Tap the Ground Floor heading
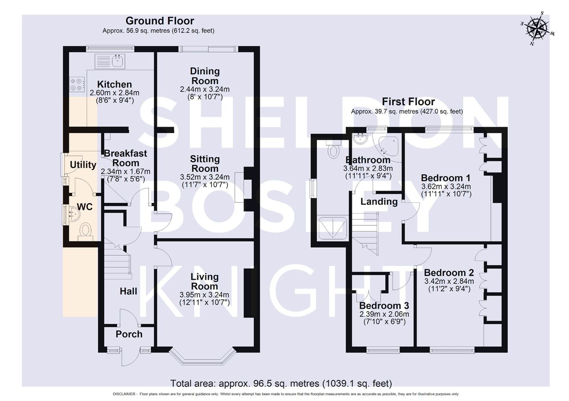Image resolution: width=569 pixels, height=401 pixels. (x=160, y=21)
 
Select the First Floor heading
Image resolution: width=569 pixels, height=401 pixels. (x=408, y=102)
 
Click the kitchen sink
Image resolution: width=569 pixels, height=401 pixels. (x=117, y=61)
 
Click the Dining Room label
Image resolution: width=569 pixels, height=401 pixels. (x=205, y=76)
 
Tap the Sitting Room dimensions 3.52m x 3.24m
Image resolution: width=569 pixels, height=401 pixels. (x=205, y=177)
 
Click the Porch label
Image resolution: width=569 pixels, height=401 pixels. (x=129, y=334)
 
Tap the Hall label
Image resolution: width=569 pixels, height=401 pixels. (x=128, y=291)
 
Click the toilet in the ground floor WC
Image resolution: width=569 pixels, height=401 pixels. (x=86, y=230)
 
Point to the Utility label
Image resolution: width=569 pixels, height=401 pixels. (x=83, y=165)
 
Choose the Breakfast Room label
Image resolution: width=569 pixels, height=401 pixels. (x=125, y=158)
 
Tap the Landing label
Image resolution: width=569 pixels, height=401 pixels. (x=379, y=202)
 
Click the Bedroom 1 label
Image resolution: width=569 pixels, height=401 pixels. (x=446, y=178)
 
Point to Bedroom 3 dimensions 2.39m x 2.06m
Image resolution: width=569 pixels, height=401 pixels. (x=384, y=314)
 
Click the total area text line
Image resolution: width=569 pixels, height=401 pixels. (x=281, y=383)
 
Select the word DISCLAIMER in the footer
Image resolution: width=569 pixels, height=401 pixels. (x=124, y=394)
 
